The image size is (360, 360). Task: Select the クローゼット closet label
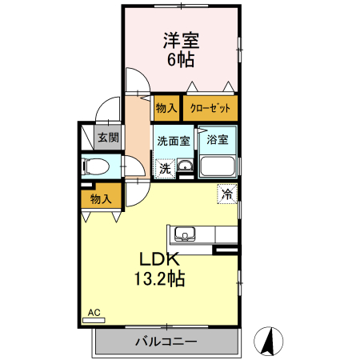210,107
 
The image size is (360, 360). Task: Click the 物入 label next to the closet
166,107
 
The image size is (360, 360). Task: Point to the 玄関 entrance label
107,138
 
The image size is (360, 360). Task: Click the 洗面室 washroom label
174,141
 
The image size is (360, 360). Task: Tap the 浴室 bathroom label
217,141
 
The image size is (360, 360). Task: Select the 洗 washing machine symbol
165,169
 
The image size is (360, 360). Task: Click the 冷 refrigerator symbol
227,193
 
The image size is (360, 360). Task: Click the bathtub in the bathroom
217,166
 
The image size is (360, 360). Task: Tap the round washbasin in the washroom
185,167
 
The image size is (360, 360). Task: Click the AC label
94,311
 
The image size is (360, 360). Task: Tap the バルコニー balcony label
166,342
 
